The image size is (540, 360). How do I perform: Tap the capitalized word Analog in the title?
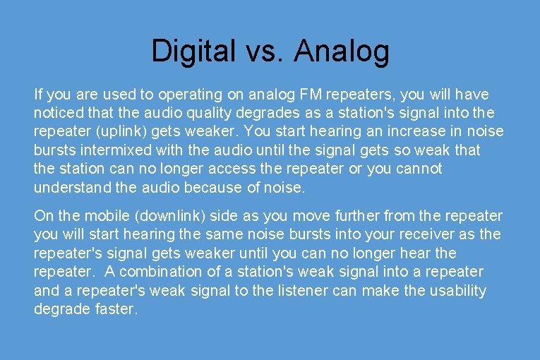[342, 51]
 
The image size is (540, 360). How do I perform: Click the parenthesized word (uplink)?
[112, 131]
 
